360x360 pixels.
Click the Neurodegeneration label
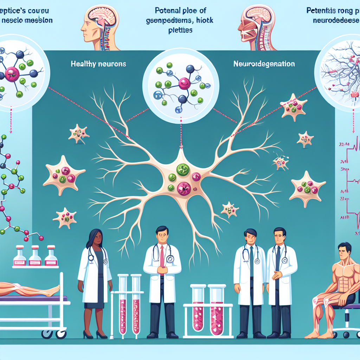click(264, 64)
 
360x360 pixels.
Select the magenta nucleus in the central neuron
click(184, 190)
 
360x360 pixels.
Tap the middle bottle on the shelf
click(35, 255)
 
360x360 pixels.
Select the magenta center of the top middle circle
click(184, 83)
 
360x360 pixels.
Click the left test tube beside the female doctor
click(123, 306)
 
